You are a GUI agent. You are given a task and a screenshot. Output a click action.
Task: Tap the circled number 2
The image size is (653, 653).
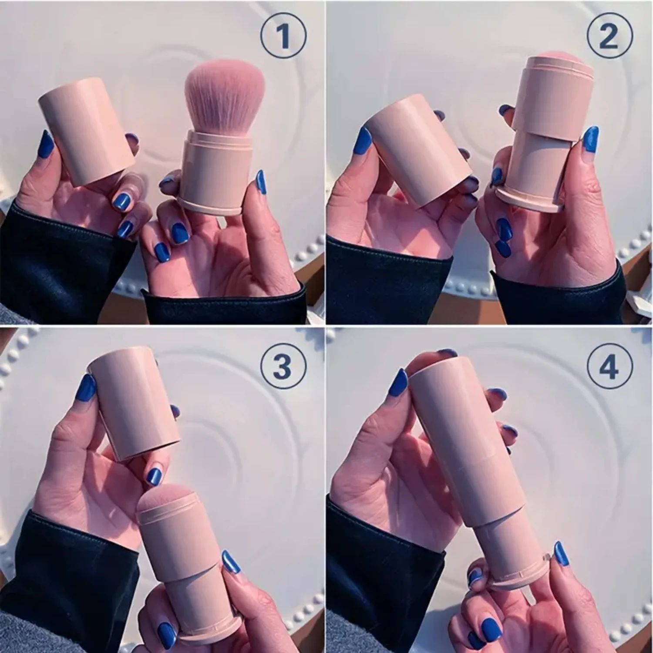609,36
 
